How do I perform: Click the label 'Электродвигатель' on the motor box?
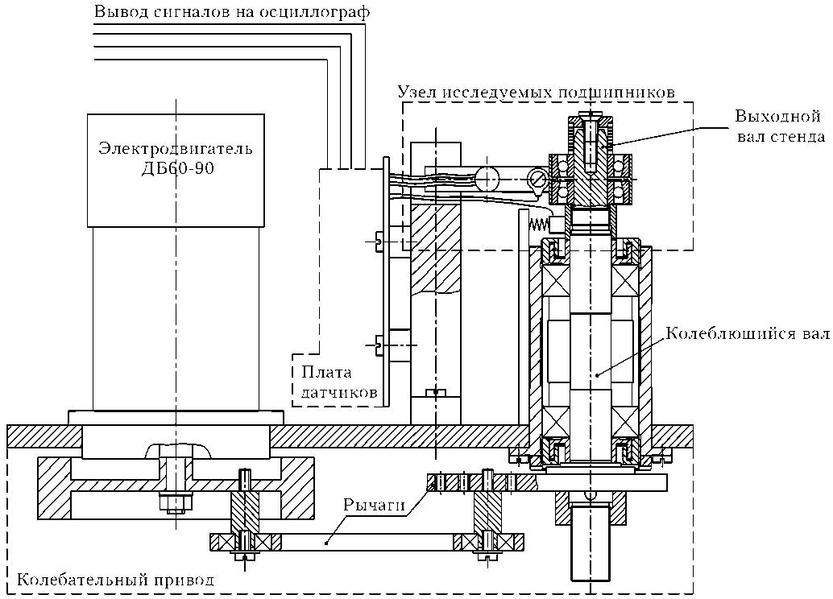click(176, 147)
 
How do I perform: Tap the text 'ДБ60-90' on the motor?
click(177, 168)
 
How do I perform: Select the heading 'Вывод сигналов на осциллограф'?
click(232, 12)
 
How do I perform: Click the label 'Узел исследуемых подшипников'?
click(537, 93)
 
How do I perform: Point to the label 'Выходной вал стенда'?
click(780, 126)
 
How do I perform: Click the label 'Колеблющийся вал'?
click(748, 334)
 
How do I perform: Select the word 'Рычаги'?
click(375, 505)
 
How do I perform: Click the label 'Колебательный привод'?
click(115, 579)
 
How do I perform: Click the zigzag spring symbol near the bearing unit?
click(538, 224)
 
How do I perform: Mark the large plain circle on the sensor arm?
click(488, 177)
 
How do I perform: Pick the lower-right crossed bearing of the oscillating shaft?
click(625, 423)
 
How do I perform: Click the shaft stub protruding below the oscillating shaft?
click(591, 543)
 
